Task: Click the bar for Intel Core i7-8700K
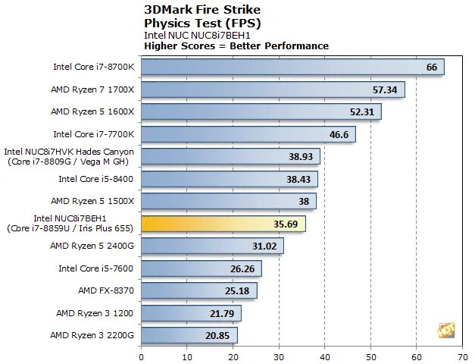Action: pyautogui.click(x=292, y=67)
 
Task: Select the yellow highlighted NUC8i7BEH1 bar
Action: pyautogui.click(x=223, y=224)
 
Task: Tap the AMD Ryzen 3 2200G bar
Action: pyautogui.click(x=189, y=335)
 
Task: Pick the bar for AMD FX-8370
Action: pyautogui.click(x=198, y=290)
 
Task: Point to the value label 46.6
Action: pyautogui.click(x=339, y=134)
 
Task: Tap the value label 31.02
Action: pyautogui.click(x=265, y=246)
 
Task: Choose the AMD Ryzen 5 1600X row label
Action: pyautogui.click(x=92, y=111)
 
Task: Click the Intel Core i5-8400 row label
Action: pyautogui.click(x=96, y=179)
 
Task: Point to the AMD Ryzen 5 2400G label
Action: pyautogui.click(x=92, y=246)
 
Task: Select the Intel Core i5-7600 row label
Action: pyautogui.click(x=96, y=268)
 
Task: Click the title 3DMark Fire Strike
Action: pyautogui.click(x=202, y=10)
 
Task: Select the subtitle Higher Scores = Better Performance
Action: pyautogui.click(x=236, y=46)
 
